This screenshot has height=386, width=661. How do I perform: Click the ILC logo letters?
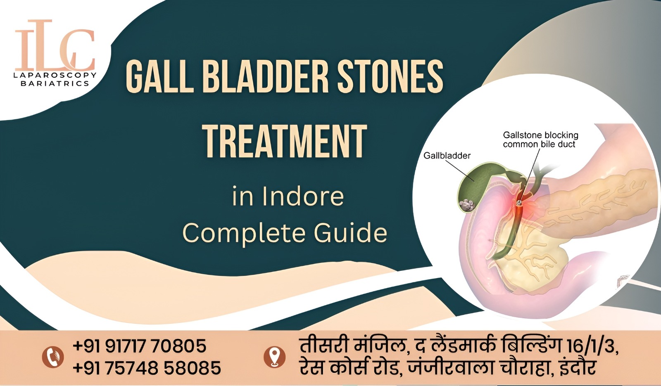pos(55,45)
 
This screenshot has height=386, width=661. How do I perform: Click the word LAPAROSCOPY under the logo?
pos(55,75)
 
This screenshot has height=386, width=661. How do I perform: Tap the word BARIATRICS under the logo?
pos(55,83)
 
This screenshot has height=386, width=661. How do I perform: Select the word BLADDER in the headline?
pos(265,77)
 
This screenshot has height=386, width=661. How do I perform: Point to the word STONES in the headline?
pos(390,77)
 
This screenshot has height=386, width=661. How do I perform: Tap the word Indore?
pos(303,197)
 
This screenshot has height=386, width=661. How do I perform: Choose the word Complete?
pos(244,233)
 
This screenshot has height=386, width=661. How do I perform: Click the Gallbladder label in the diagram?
pos(447,156)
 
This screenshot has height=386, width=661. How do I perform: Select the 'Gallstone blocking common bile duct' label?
pos(540,140)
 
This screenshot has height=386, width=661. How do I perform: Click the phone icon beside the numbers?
pos(53,357)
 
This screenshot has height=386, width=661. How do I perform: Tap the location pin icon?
pos(275,357)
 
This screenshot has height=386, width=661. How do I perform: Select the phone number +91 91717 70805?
pos(140,346)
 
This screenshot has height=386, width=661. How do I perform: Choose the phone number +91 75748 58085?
pos(147,368)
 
